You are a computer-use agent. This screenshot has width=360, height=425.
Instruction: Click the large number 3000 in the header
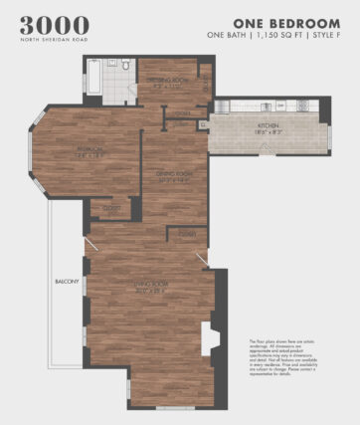(x=54, y=25)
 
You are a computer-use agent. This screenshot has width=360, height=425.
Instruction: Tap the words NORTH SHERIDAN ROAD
(x=54, y=40)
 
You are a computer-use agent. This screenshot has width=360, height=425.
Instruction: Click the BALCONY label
(x=66, y=282)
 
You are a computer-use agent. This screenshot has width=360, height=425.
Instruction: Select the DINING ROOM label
(x=173, y=174)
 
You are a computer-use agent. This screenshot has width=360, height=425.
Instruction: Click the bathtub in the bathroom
(x=93, y=78)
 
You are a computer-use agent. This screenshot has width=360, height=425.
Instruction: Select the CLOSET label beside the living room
(x=186, y=233)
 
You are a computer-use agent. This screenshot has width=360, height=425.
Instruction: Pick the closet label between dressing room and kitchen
(x=184, y=113)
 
